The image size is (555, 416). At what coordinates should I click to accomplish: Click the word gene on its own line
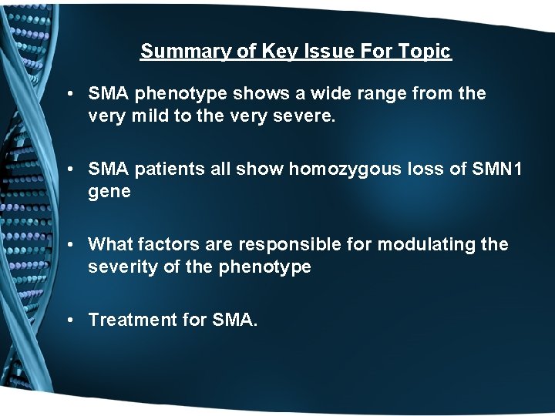point(109,192)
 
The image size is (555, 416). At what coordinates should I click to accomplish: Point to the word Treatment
point(133,319)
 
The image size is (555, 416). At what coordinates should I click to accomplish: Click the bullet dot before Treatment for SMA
point(69,320)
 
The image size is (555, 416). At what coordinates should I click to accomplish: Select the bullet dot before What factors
point(69,245)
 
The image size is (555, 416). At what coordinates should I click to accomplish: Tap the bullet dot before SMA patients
point(69,169)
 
